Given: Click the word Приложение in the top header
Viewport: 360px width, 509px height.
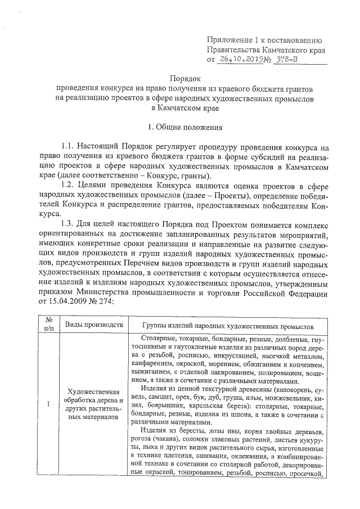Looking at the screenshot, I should [228, 40].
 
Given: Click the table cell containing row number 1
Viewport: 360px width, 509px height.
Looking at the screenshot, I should [48, 404].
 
